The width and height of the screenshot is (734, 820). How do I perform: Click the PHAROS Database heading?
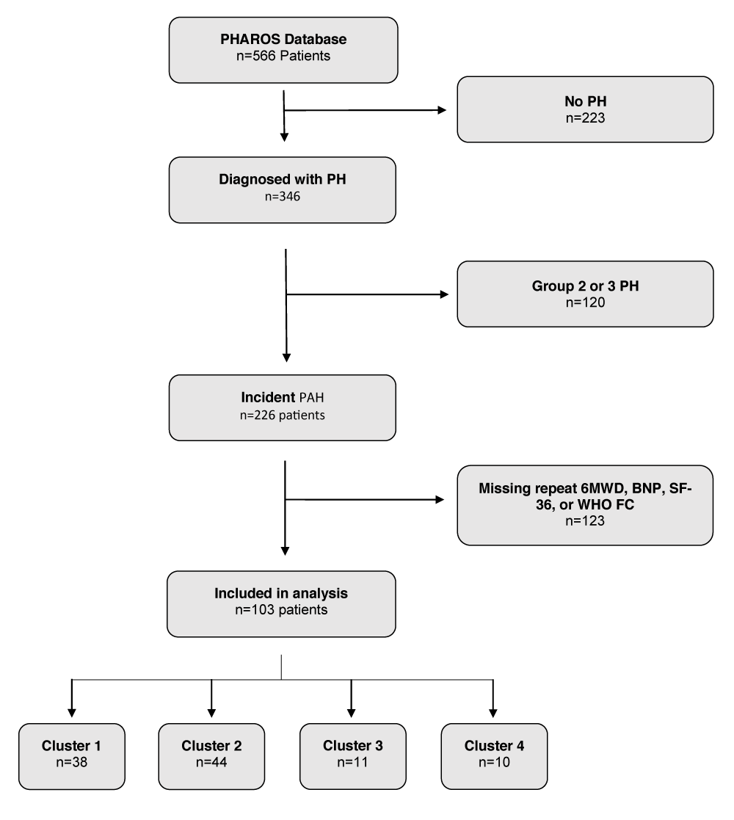(283, 39)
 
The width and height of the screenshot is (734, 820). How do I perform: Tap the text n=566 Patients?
(283, 56)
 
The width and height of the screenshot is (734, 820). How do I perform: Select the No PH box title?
(586, 101)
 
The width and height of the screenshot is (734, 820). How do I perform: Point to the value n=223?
(586, 118)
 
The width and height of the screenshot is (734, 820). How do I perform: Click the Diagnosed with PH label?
(283, 179)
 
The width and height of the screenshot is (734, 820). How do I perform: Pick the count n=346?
(283, 197)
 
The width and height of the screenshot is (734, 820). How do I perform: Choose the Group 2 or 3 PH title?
(586, 286)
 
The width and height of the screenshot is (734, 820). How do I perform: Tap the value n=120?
(586, 302)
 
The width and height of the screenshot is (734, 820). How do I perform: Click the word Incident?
(268, 397)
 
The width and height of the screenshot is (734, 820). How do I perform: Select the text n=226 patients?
(283, 416)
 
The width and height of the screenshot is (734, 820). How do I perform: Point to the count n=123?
(585, 521)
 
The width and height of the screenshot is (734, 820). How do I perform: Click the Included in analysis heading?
(281, 594)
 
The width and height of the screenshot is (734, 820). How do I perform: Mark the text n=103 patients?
(281, 610)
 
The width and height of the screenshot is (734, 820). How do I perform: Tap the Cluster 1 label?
(72, 746)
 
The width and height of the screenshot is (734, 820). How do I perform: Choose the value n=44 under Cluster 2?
(211, 763)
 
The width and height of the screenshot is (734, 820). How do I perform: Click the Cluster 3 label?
(353, 746)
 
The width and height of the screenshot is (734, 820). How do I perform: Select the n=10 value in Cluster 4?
(494, 763)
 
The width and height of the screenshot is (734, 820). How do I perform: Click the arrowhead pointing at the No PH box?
(442, 110)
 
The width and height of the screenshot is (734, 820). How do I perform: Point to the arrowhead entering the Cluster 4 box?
(493, 713)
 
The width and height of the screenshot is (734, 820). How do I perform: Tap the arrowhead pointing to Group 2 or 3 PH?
(444, 294)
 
